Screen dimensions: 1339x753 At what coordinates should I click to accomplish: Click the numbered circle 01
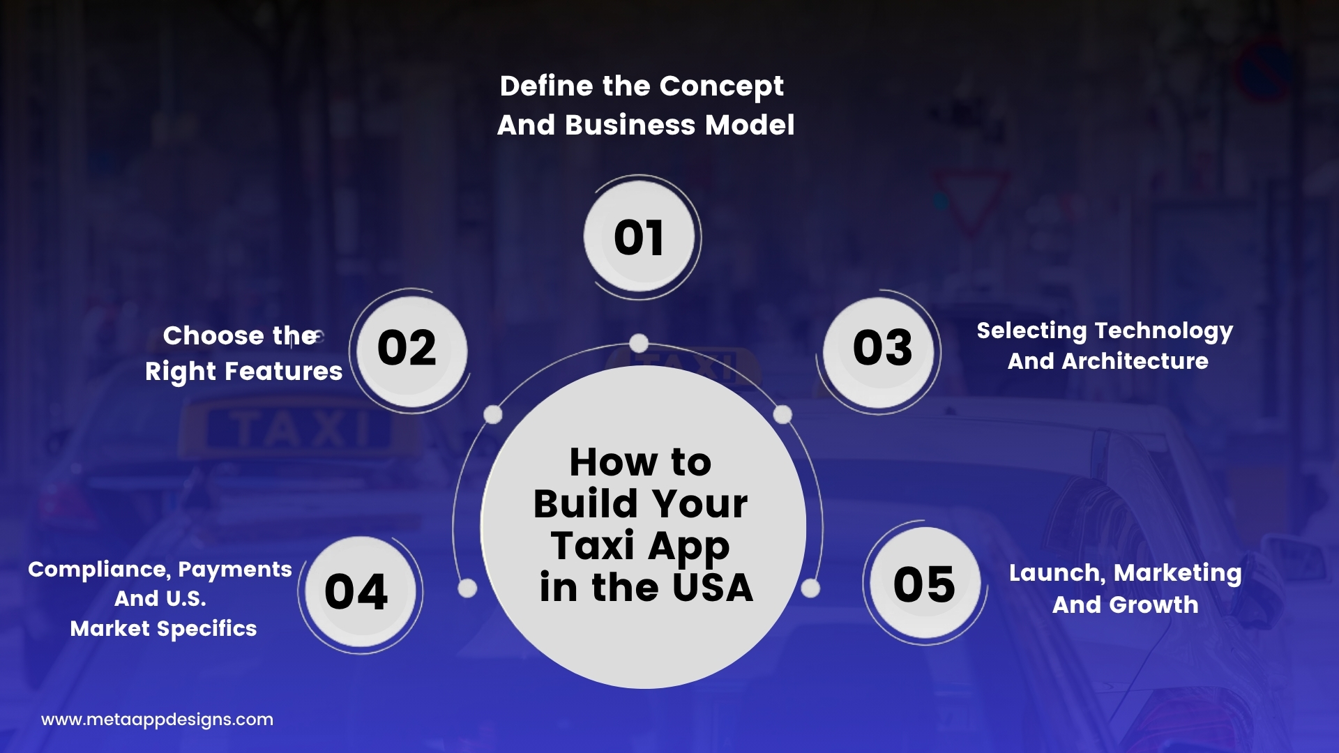click(x=640, y=237)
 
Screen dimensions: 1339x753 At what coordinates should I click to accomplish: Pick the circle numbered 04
click(x=361, y=592)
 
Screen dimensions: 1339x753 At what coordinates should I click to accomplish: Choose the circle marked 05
click(x=925, y=583)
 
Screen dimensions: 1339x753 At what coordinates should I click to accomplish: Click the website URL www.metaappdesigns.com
click(x=157, y=720)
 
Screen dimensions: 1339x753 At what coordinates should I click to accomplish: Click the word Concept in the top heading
click(x=721, y=87)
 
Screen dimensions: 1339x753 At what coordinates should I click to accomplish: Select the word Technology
click(x=1164, y=332)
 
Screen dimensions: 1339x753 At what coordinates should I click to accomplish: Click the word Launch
click(x=1057, y=574)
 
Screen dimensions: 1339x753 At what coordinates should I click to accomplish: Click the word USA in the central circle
click(x=713, y=588)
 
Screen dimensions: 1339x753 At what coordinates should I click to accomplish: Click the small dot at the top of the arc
click(x=639, y=343)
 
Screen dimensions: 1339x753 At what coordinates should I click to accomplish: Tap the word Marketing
click(x=1178, y=574)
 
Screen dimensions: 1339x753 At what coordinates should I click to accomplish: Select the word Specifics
click(x=206, y=630)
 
